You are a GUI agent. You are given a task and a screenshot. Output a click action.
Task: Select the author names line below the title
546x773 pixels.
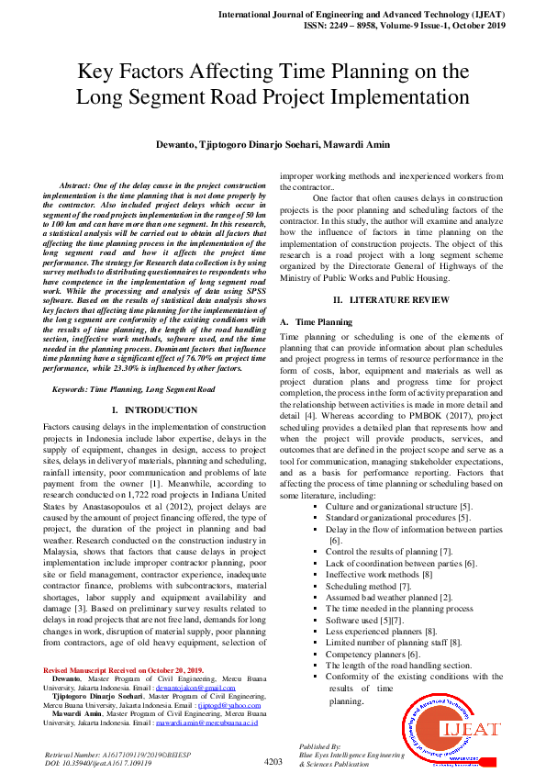tap(273, 144)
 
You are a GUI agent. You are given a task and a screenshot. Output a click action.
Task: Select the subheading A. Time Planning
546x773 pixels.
tap(316, 322)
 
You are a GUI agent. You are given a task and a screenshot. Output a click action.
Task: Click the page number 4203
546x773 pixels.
tap(273, 761)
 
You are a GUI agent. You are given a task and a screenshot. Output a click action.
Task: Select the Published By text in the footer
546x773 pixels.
tap(319, 745)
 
